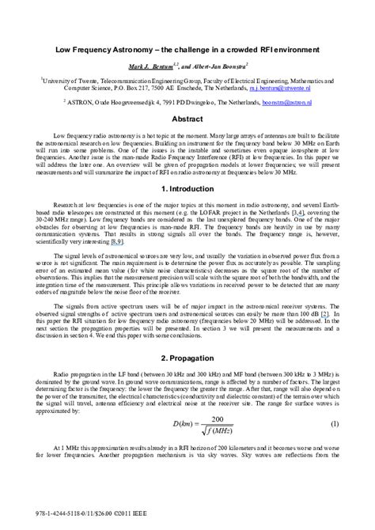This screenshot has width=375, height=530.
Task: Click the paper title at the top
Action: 187,47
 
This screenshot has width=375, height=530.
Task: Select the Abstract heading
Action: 187,118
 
